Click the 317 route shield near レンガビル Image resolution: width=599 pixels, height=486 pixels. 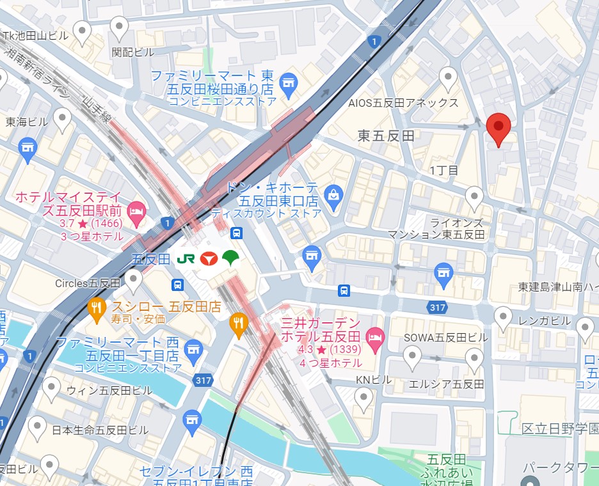[x=438, y=308]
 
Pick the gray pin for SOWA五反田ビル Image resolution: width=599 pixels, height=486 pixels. [x=413, y=356]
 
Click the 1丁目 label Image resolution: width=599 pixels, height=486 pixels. [x=444, y=170]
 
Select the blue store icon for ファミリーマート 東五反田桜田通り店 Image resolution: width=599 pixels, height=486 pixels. [x=289, y=82]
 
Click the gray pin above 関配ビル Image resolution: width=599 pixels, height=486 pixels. [x=119, y=27]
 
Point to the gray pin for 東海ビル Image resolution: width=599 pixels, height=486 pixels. [x=61, y=118]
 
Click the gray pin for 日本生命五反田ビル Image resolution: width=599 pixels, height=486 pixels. [x=37, y=426]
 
